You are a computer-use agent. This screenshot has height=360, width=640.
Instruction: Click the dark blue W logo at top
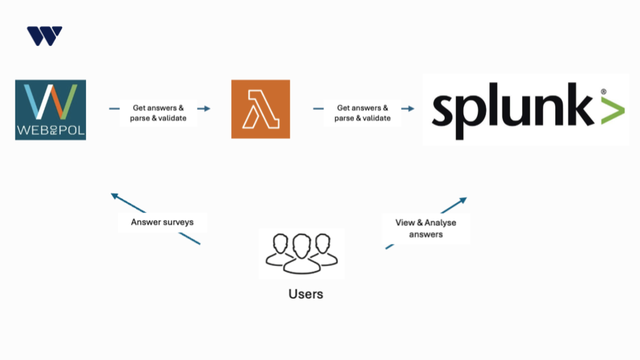[x=45, y=36]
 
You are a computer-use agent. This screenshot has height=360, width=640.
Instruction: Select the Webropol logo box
[x=51, y=110]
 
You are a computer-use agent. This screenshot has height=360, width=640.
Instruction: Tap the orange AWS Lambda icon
[x=261, y=109]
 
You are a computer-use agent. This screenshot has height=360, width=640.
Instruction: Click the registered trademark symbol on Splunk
[x=603, y=91]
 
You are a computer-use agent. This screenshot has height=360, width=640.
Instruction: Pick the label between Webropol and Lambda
[x=159, y=113]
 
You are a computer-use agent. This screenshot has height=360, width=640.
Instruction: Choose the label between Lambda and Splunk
[x=363, y=113]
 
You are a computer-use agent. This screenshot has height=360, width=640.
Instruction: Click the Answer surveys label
[x=163, y=222]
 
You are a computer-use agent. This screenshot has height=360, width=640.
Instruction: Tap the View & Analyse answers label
[x=426, y=228]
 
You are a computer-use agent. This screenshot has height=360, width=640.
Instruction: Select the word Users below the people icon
[x=306, y=293]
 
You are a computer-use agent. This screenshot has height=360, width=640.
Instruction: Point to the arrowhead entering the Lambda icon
[x=207, y=108]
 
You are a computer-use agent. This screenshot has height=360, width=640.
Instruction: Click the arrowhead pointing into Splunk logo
[x=410, y=108]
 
